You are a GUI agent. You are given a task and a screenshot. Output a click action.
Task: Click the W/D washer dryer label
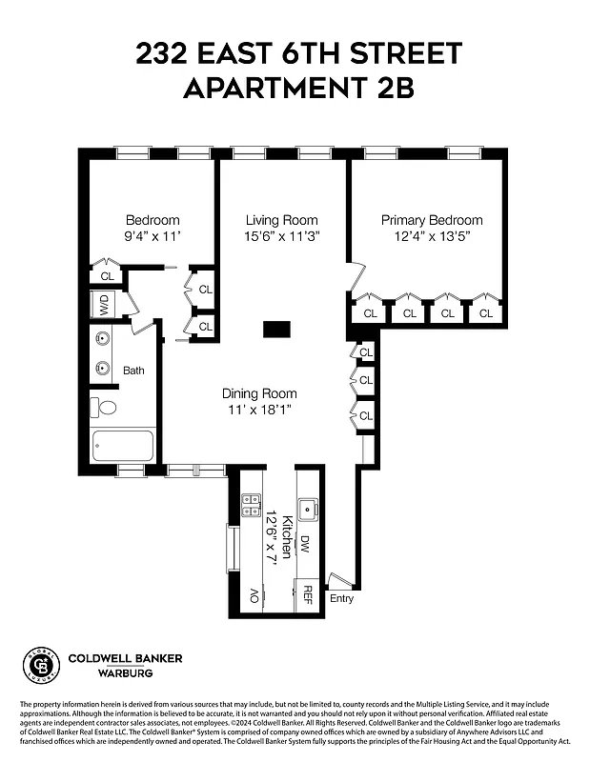[x=101, y=306]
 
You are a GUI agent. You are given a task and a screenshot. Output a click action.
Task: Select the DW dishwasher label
[x=305, y=544]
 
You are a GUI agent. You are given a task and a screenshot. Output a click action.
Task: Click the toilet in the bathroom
[x=106, y=408]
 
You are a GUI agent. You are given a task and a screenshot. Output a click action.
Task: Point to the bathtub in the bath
[x=121, y=446]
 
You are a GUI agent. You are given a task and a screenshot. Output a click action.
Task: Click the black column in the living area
[x=275, y=329]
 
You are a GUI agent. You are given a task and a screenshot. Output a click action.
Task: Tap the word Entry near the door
[x=340, y=598]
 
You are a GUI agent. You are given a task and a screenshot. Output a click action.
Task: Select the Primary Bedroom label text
[x=432, y=220]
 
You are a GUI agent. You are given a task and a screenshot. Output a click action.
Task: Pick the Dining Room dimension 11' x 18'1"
[x=259, y=410]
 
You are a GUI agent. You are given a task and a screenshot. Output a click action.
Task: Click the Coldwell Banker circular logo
[x=40, y=664]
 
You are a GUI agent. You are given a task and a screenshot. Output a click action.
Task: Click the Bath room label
[x=133, y=371]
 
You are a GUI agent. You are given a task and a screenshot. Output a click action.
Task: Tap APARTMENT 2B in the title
[x=295, y=89]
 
